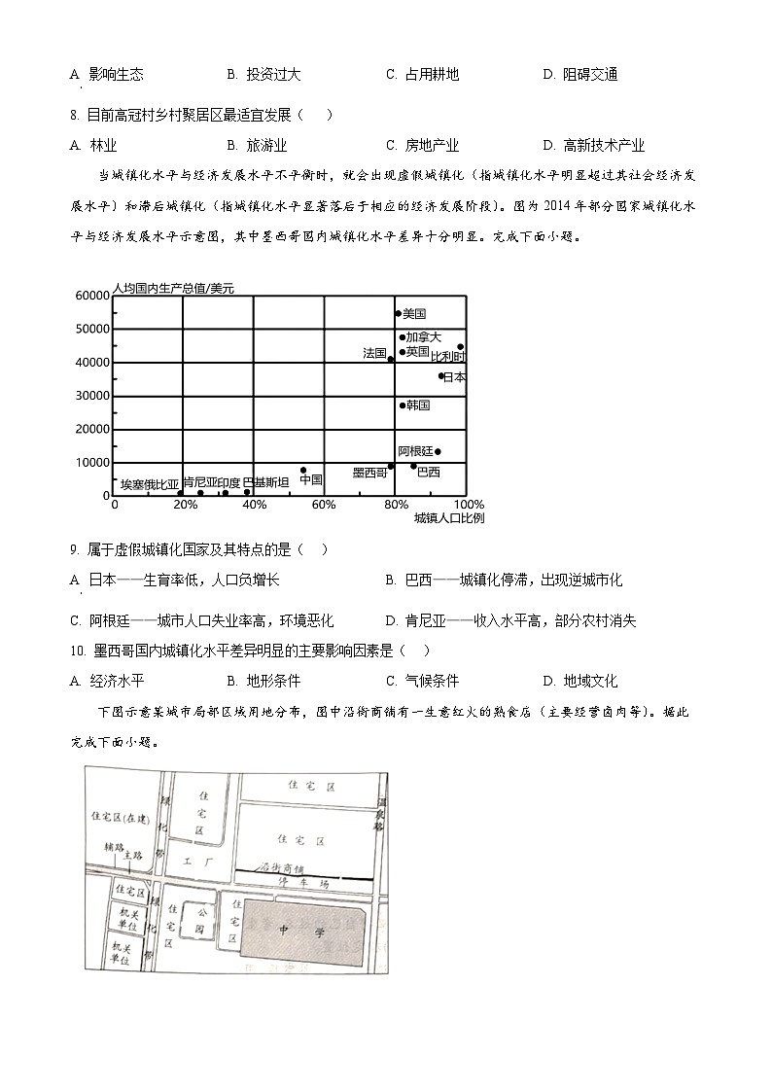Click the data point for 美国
pyautogui.click(x=398, y=313)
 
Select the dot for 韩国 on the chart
pyautogui.click(x=403, y=405)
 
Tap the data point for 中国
pyautogui.click(x=303, y=470)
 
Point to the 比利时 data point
pyautogui.click(x=460, y=347)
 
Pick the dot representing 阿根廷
pyautogui.click(x=438, y=451)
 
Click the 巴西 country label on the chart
pyautogui.click(x=428, y=472)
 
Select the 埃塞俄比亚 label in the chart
pyautogui.click(x=150, y=483)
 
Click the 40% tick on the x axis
pyautogui.click(x=254, y=506)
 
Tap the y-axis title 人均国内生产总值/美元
pyautogui.click(x=173, y=289)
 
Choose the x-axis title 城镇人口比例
pyautogui.click(x=448, y=518)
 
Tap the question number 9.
pyautogui.click(x=74, y=549)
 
